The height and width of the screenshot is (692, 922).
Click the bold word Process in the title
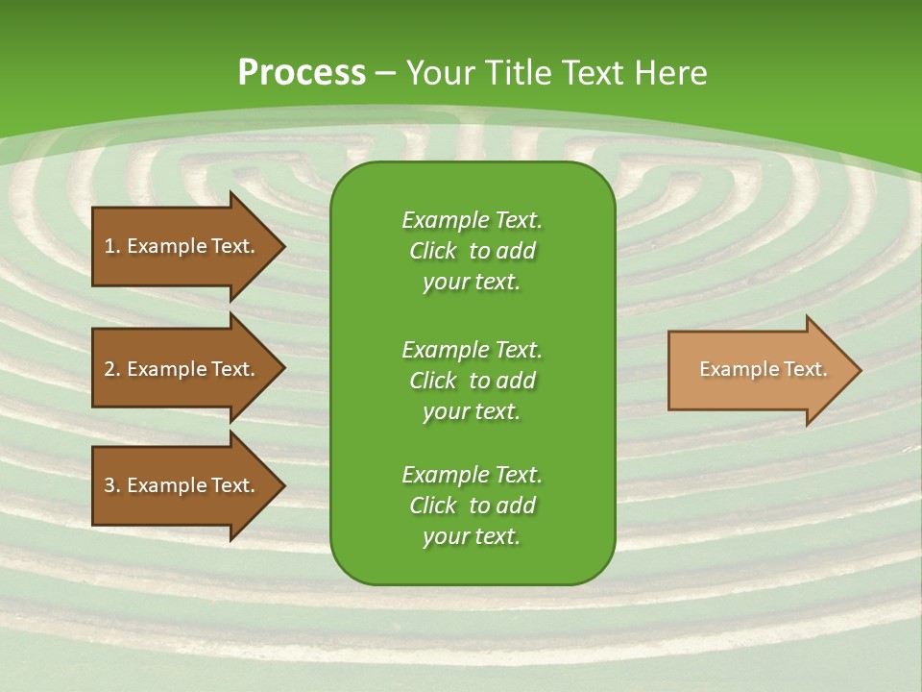(302, 73)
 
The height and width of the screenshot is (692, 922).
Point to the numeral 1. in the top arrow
(111, 246)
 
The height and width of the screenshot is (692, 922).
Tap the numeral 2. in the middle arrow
(111, 369)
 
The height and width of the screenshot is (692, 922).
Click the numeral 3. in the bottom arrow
(111, 485)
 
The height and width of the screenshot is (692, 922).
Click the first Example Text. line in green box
(472, 220)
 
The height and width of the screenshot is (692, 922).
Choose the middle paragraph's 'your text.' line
(472, 411)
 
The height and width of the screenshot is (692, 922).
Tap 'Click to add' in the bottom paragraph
(472, 506)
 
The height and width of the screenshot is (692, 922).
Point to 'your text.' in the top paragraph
(472, 282)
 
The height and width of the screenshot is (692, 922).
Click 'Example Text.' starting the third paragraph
(472, 475)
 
